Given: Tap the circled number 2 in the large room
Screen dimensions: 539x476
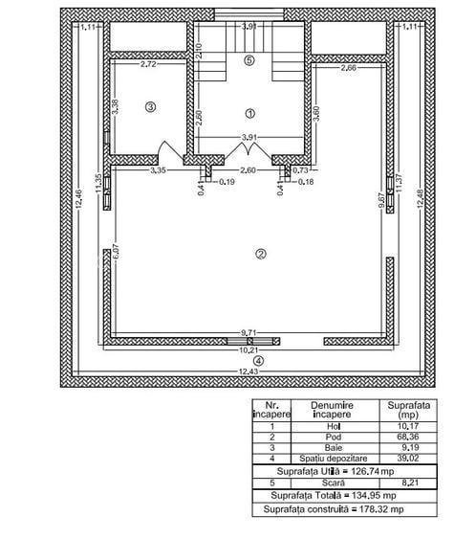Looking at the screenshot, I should (259, 253).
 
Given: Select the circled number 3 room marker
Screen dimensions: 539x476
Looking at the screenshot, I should (150, 107).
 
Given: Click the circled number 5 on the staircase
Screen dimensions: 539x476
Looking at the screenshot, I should (249, 60).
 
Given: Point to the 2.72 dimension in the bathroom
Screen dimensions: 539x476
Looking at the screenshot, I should (149, 65).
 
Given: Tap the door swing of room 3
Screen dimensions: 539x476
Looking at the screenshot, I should (164, 151).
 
